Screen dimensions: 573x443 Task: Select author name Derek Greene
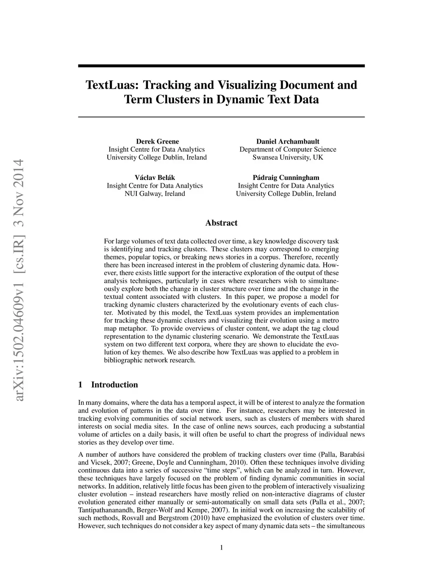coord(157,141)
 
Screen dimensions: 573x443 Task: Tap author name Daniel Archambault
coord(288,141)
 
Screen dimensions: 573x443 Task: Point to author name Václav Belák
coord(155,177)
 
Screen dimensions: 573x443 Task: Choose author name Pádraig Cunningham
coord(286,177)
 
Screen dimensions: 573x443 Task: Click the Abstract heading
coord(221,223)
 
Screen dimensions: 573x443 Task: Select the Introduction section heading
coord(114,385)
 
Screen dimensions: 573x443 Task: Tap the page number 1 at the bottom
coord(221,548)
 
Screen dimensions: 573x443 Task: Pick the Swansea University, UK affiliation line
coord(288,157)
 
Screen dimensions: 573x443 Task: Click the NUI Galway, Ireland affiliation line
coord(155,193)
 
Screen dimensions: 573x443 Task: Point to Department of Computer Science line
coord(288,149)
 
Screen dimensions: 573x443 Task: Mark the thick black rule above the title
coord(221,66)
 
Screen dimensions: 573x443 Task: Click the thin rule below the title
coord(221,117)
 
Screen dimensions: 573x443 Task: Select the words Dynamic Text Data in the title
coord(267,99)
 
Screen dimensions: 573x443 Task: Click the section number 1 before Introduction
coord(80,385)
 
